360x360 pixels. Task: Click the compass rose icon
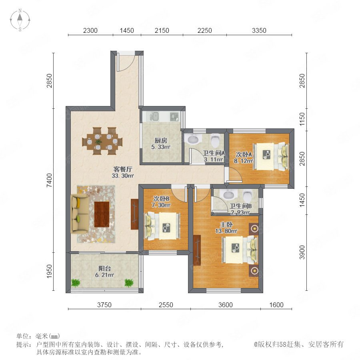[20, 20]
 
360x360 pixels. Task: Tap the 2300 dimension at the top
[90, 30]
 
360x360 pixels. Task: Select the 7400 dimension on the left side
[49, 180]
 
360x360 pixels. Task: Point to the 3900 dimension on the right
[302, 252]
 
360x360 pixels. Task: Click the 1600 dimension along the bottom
[276, 305]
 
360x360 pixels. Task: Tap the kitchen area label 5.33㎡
[161, 147]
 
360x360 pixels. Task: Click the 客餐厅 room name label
[123, 170]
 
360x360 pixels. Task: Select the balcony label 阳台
[105, 268]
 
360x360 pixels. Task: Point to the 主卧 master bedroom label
[226, 224]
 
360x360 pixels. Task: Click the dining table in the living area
[102, 141]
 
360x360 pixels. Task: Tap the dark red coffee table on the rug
[102, 214]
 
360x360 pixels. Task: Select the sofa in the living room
[80, 213]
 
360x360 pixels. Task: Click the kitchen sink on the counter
[156, 116]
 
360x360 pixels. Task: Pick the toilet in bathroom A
[215, 140]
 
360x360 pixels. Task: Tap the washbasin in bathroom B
[228, 194]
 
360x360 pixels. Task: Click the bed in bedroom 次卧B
[162, 226]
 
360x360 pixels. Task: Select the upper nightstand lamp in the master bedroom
[254, 228]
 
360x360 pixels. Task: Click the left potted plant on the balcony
[75, 283]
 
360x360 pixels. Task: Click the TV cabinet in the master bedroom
[197, 250]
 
